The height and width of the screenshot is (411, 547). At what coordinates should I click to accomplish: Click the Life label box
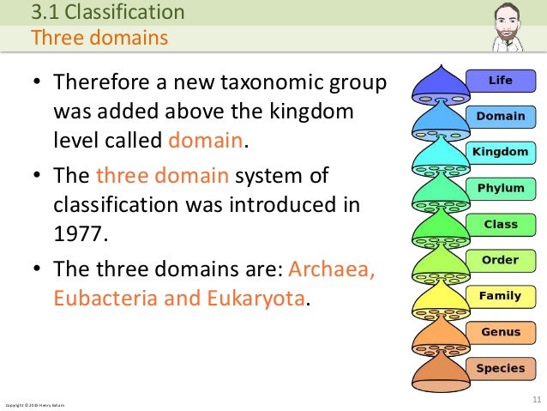coord(500,81)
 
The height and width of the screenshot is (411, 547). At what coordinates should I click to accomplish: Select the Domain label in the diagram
coord(500,117)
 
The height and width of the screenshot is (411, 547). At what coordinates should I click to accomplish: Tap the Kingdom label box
coord(500,152)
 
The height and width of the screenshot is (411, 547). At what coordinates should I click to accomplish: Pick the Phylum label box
coord(500,188)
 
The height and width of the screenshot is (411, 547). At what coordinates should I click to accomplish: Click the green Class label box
coord(500,224)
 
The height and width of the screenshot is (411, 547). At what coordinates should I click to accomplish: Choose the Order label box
coord(500,260)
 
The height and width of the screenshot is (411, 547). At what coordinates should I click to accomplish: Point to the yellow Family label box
coord(500,296)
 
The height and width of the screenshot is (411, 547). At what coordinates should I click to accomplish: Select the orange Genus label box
coord(500,332)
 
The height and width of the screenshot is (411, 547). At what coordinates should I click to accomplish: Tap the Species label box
coord(500,368)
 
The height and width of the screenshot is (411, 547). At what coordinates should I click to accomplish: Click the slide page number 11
coord(537,400)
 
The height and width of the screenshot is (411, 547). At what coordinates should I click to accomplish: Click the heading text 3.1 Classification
coord(107,12)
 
